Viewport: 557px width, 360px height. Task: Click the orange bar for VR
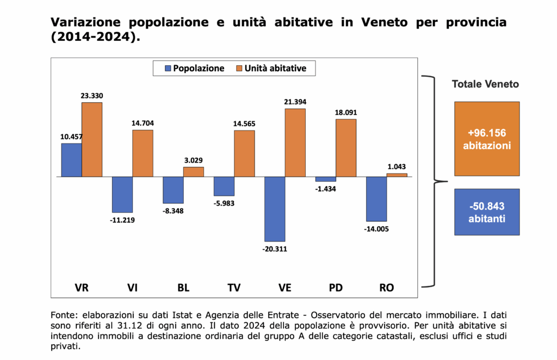[x=92, y=139]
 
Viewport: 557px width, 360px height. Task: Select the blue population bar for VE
[x=275, y=209]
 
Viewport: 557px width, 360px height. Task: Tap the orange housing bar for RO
[x=397, y=175]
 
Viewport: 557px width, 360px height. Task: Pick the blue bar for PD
[x=326, y=179]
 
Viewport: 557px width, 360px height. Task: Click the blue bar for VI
[x=122, y=195]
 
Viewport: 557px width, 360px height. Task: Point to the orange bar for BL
[x=193, y=172]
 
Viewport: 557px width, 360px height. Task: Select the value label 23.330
[x=92, y=96]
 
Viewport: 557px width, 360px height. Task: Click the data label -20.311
[x=275, y=249]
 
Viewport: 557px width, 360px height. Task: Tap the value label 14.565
[x=244, y=124]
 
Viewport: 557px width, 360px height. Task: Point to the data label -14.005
[x=376, y=228]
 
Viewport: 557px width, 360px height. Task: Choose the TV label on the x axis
[x=224, y=288]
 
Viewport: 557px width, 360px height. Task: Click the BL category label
[x=183, y=288]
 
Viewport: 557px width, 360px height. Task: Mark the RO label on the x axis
[x=386, y=288]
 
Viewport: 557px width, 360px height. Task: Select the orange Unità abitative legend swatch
[x=239, y=69]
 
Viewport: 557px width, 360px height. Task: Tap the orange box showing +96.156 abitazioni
[x=487, y=139]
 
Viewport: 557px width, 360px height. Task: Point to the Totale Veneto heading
[x=486, y=84]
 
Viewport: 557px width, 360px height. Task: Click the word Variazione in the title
[x=84, y=23]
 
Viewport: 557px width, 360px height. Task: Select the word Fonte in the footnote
[x=61, y=315]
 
